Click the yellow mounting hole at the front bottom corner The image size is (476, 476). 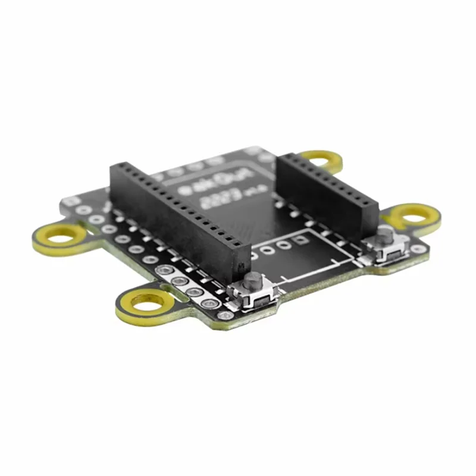148,304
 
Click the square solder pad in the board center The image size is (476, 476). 302,240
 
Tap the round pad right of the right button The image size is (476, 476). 418,249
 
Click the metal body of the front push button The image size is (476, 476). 254,295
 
